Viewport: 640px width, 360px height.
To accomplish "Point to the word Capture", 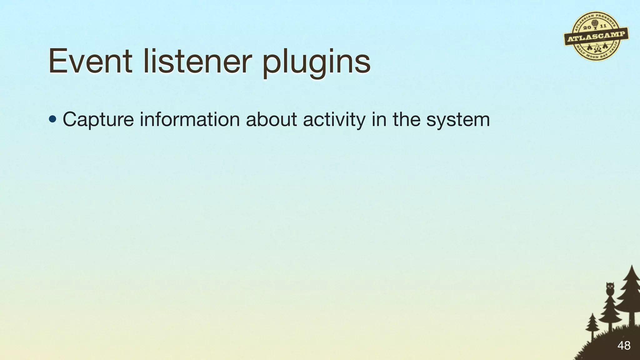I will (98, 120).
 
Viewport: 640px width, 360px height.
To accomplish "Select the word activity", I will (334, 120).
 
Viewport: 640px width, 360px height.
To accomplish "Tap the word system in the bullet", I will (458, 120).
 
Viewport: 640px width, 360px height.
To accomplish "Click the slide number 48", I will (624, 346).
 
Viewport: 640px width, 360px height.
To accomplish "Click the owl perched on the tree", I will (610, 288).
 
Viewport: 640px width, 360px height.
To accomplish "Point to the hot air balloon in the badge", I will (594, 24).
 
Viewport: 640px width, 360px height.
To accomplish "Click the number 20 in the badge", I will (587, 28).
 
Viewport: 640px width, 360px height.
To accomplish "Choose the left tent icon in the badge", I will (589, 48).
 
